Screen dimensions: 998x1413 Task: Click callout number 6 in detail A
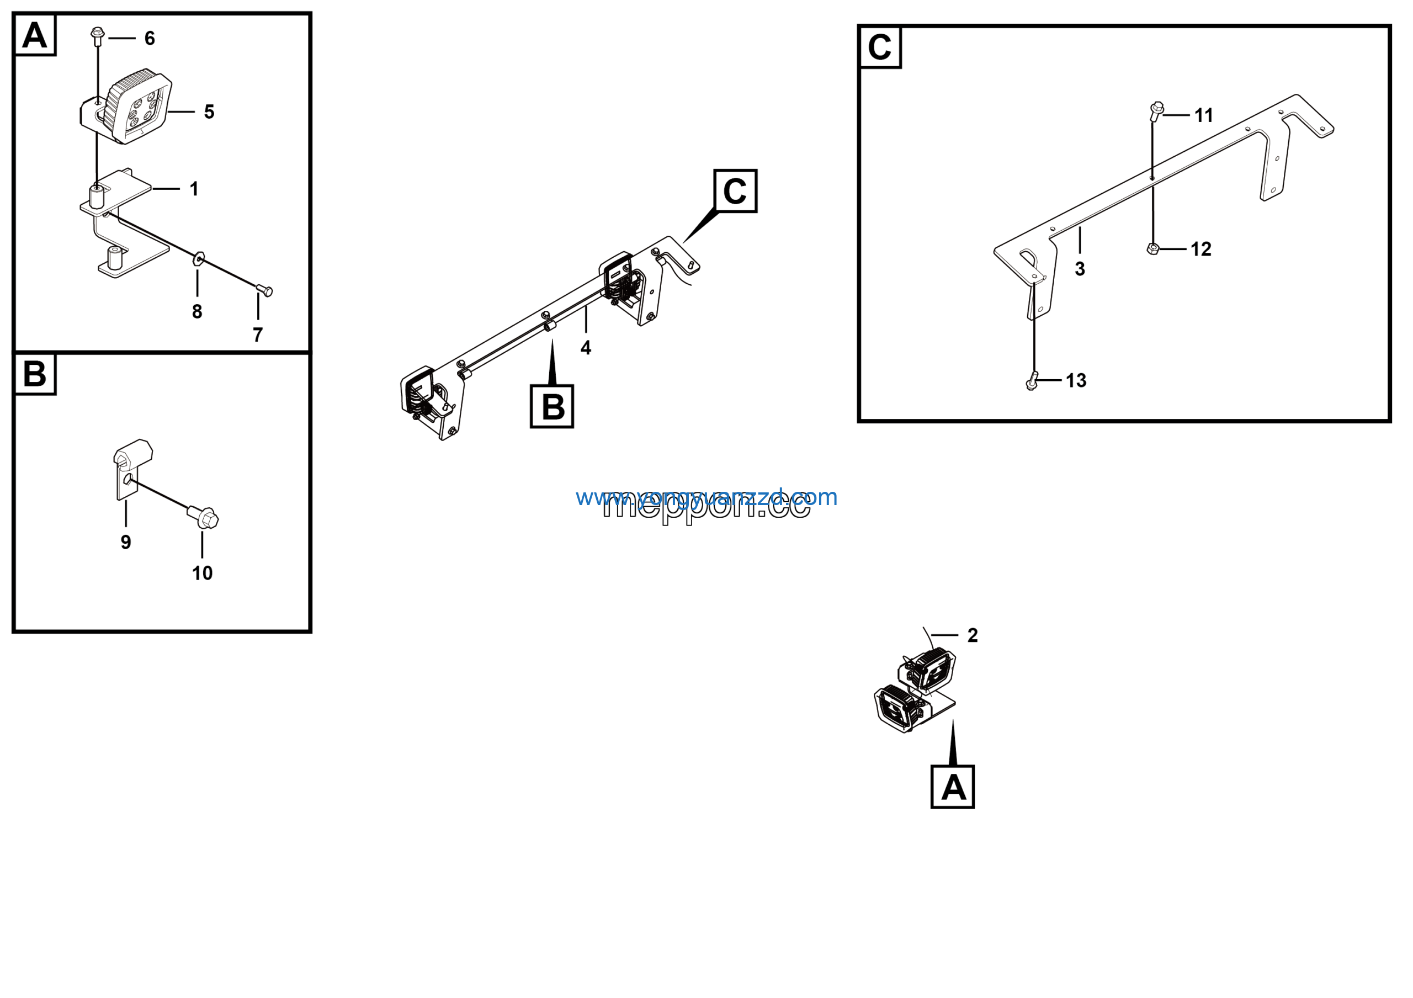(150, 39)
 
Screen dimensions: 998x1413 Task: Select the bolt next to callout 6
(97, 35)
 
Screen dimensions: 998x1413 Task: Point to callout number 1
(194, 189)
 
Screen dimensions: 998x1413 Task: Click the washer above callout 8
(199, 258)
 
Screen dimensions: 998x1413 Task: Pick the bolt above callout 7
(264, 290)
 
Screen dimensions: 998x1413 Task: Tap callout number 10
(202, 574)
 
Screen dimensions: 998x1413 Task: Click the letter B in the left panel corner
(34, 374)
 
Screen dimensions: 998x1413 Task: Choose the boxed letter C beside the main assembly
(735, 192)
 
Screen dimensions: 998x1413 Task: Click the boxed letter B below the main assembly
(552, 407)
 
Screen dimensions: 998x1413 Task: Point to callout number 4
(586, 348)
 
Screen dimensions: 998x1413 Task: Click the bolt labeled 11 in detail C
(1156, 111)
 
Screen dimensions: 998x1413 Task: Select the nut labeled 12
(1153, 248)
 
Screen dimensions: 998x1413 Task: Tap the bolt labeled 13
(1032, 382)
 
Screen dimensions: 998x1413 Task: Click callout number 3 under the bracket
(1080, 269)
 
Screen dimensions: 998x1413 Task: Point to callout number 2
(973, 635)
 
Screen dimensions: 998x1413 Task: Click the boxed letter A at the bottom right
(953, 788)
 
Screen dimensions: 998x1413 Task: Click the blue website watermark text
(706, 497)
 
